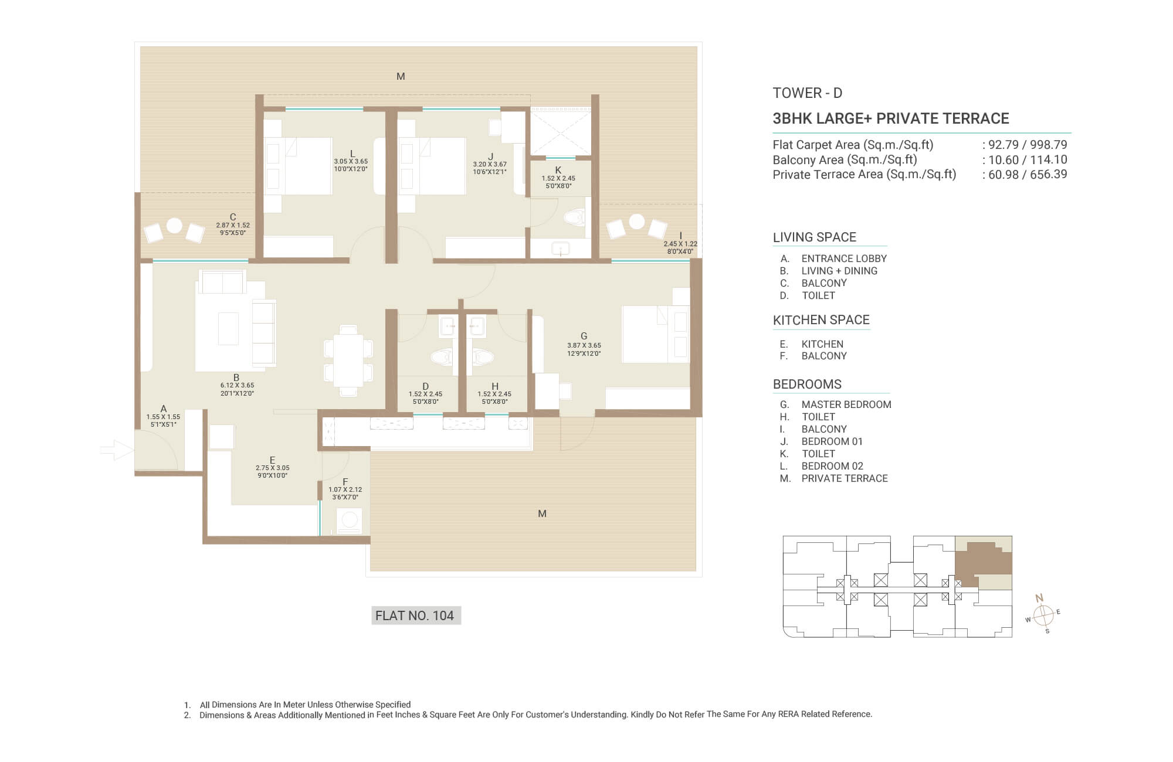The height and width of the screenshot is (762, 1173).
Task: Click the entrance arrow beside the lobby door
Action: [117, 451]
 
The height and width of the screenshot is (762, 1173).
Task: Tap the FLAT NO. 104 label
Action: [415, 615]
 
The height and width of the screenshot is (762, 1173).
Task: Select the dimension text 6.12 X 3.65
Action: [237, 385]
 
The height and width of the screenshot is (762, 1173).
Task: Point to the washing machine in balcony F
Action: [350, 521]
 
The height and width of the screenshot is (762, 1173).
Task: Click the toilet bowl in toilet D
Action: [442, 357]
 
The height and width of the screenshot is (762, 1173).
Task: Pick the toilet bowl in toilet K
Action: [574, 218]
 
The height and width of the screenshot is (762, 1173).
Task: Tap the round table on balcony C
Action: [174, 225]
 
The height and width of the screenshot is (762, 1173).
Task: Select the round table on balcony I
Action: [637, 222]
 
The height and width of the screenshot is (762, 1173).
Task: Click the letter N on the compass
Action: [1039, 598]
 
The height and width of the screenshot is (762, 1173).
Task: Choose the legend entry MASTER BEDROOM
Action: [846, 404]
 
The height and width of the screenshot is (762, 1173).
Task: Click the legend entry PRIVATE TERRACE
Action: [845, 478]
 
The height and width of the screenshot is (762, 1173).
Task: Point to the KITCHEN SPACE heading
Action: [821, 320]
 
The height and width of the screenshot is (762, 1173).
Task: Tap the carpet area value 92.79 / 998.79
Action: [1028, 145]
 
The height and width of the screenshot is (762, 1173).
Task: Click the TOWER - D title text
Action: [808, 93]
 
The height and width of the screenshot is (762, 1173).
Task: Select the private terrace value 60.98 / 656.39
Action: [1028, 174]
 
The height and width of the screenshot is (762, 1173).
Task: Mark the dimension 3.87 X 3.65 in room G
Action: [584, 345]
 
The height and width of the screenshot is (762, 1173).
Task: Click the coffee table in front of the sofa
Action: [229, 328]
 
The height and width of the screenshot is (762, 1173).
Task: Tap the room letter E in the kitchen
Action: [273, 460]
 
